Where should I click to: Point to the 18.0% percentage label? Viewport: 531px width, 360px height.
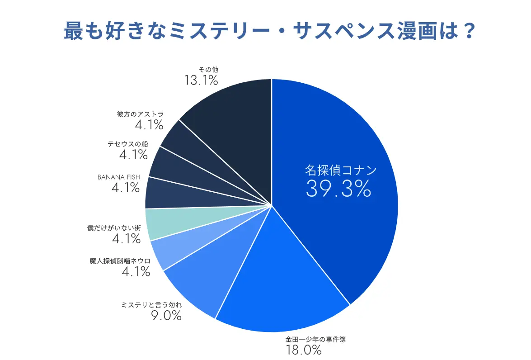[303, 350]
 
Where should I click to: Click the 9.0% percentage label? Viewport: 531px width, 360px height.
[166, 315]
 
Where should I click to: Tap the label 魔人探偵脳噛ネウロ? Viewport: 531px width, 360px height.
[120, 261]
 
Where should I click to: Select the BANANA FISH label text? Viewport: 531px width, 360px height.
[119, 177]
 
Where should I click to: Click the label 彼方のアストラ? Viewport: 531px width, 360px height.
[140, 114]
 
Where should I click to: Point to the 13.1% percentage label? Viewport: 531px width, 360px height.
[201, 81]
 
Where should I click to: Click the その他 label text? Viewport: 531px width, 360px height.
[208, 70]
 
